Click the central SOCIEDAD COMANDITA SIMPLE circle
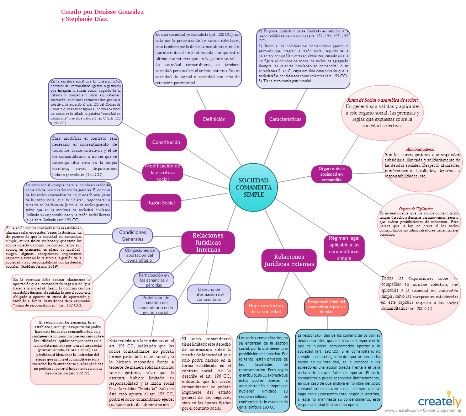[x=253, y=187]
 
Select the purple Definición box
[x=214, y=119]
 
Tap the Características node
[x=285, y=119]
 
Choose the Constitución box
[x=166, y=142]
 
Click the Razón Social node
[x=161, y=203]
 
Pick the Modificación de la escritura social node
[x=163, y=172]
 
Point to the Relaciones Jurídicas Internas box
[x=208, y=242]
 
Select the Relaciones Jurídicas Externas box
[x=289, y=260]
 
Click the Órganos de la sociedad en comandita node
[x=332, y=174]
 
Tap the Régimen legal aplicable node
[x=344, y=248]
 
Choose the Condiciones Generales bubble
[x=132, y=236]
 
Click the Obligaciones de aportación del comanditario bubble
[x=139, y=255]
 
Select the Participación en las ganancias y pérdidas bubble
[x=154, y=280]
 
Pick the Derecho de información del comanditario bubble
[x=209, y=294]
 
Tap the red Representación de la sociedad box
[x=266, y=308]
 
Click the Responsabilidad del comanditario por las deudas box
[x=326, y=307]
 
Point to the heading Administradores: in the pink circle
[x=420, y=149]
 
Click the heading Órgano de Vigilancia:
[x=416, y=209]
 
